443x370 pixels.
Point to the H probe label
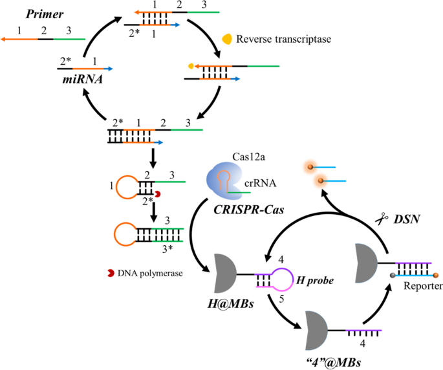pyautogui.click(x=312, y=279)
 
